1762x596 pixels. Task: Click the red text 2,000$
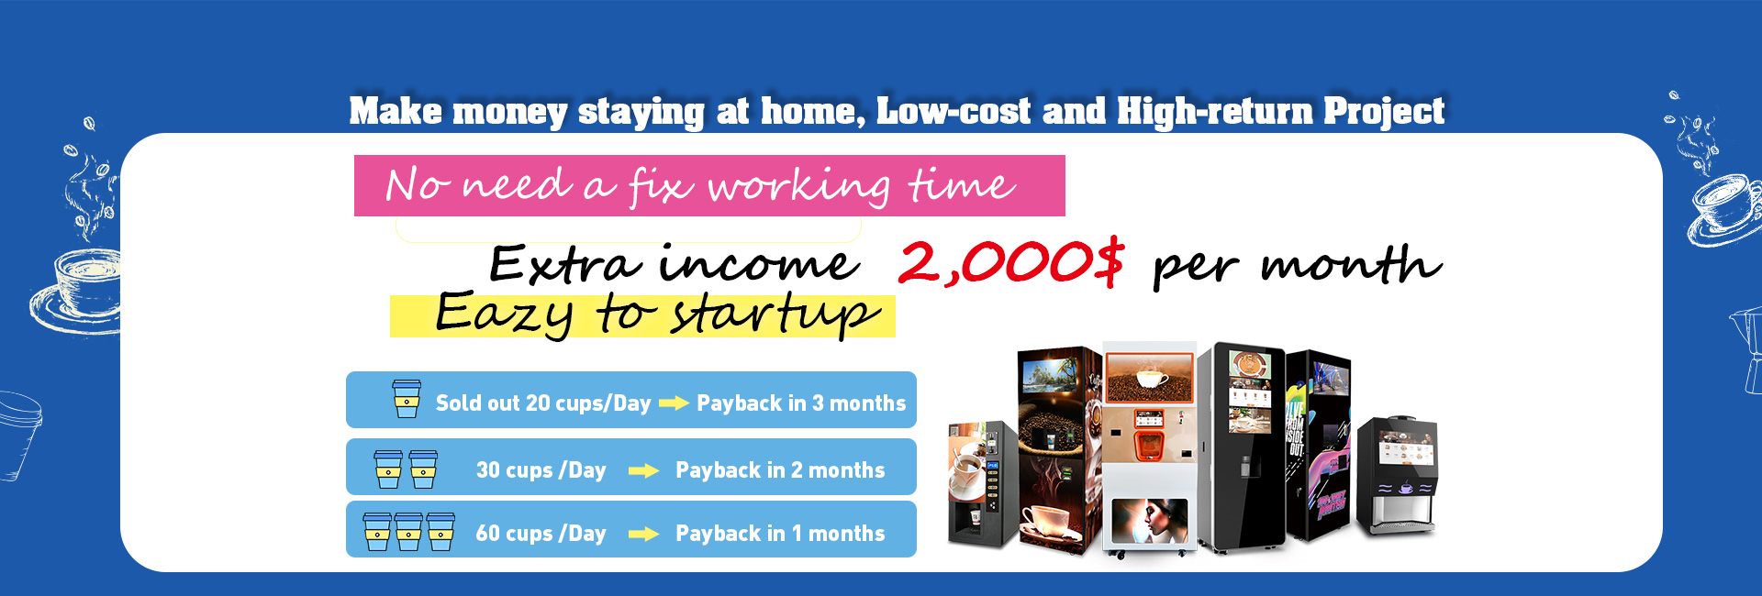1010,262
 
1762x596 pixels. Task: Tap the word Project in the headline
1384,111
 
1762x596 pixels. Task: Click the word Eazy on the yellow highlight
503,314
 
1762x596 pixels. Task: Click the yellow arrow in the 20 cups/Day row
674,403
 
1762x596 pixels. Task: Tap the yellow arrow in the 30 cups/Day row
643,471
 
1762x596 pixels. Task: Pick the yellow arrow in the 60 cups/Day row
643,535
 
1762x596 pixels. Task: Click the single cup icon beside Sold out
407,399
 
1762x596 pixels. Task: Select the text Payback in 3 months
801,403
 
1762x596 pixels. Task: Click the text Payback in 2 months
780,470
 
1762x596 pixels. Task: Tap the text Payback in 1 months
780,534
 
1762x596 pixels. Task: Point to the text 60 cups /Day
541,534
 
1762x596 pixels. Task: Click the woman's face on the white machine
1151,521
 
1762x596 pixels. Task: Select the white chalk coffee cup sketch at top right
1725,209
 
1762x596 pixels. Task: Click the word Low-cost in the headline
953,111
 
